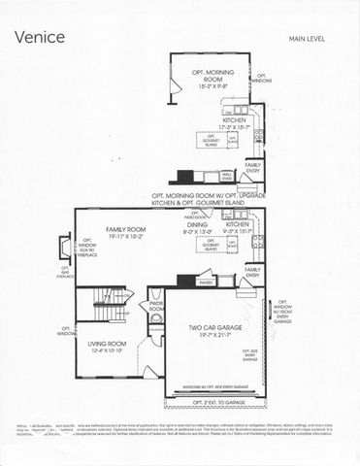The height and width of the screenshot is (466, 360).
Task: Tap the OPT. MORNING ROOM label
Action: (213, 75)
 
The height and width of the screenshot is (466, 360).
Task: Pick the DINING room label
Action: (198, 224)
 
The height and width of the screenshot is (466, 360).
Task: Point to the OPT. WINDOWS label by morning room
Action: (262, 77)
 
